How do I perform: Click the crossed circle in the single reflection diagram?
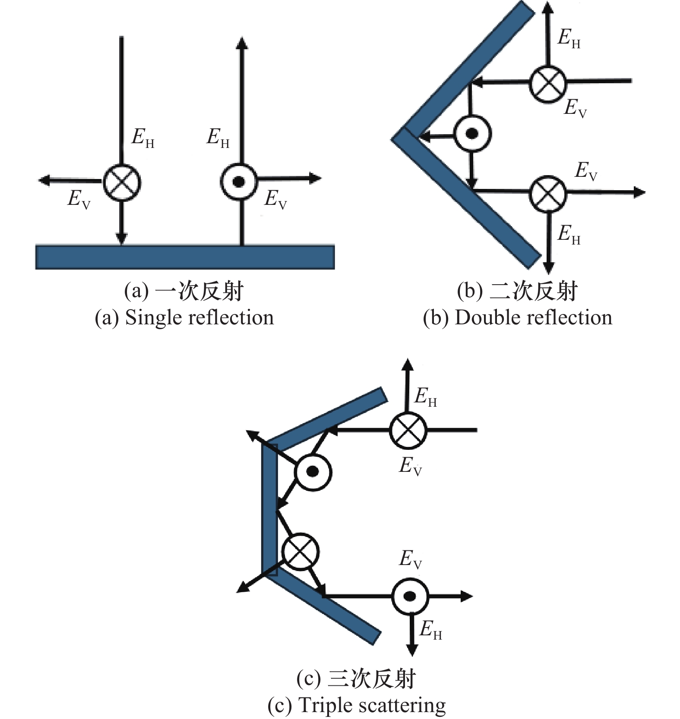[x=122, y=182]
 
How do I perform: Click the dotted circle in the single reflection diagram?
[x=238, y=182]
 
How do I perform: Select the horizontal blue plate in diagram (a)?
[x=185, y=257]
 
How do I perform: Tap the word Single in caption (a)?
[x=152, y=318]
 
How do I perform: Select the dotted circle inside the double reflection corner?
[x=472, y=134]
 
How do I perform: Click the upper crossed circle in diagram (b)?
[x=547, y=84]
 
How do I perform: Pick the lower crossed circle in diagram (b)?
[x=547, y=194]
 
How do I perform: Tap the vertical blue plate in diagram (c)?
[x=269, y=509]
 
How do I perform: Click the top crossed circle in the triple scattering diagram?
[x=408, y=430]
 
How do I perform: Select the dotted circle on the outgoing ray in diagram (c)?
[x=410, y=597]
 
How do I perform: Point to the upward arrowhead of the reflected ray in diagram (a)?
[x=242, y=43]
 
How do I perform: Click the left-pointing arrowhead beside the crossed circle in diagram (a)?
[x=44, y=180]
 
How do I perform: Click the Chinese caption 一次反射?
[x=199, y=291]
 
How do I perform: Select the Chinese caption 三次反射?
[x=371, y=679]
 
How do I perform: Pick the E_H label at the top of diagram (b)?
[x=569, y=39]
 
